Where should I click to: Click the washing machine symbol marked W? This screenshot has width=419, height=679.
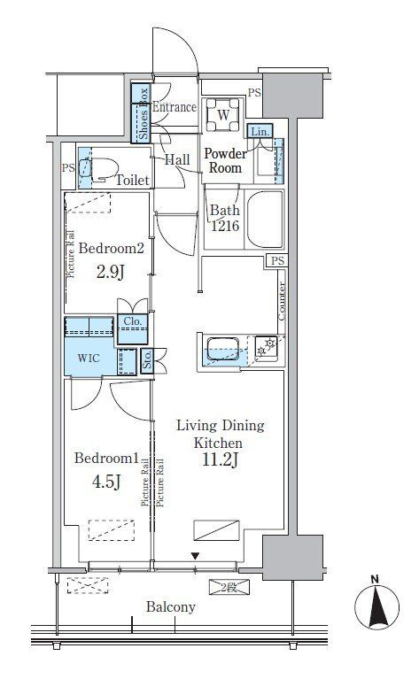[223, 115]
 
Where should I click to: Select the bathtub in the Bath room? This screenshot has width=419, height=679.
[264, 219]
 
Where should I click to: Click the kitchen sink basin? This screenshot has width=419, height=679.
[223, 349]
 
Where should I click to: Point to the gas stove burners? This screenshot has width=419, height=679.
[266, 347]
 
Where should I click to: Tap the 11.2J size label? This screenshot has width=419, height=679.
[220, 460]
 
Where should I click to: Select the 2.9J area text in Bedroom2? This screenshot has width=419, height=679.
[111, 273]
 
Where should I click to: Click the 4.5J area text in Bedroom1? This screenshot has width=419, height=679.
[105, 482]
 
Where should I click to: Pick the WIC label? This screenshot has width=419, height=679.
[89, 359]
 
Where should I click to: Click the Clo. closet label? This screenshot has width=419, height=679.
[133, 321]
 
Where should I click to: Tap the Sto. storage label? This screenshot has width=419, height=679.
[147, 359]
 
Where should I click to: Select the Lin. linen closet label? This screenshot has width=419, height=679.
[260, 132]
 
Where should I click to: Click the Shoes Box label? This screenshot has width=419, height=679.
[144, 113]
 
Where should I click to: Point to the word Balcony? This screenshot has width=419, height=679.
[171, 607]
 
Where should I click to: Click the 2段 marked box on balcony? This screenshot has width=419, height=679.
[229, 587]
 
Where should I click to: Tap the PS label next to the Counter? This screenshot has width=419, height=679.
[278, 260]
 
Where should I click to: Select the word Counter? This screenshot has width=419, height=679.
[282, 301]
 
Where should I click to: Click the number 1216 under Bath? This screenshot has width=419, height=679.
[225, 226]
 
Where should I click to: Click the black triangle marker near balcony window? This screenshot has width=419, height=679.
[196, 556]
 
